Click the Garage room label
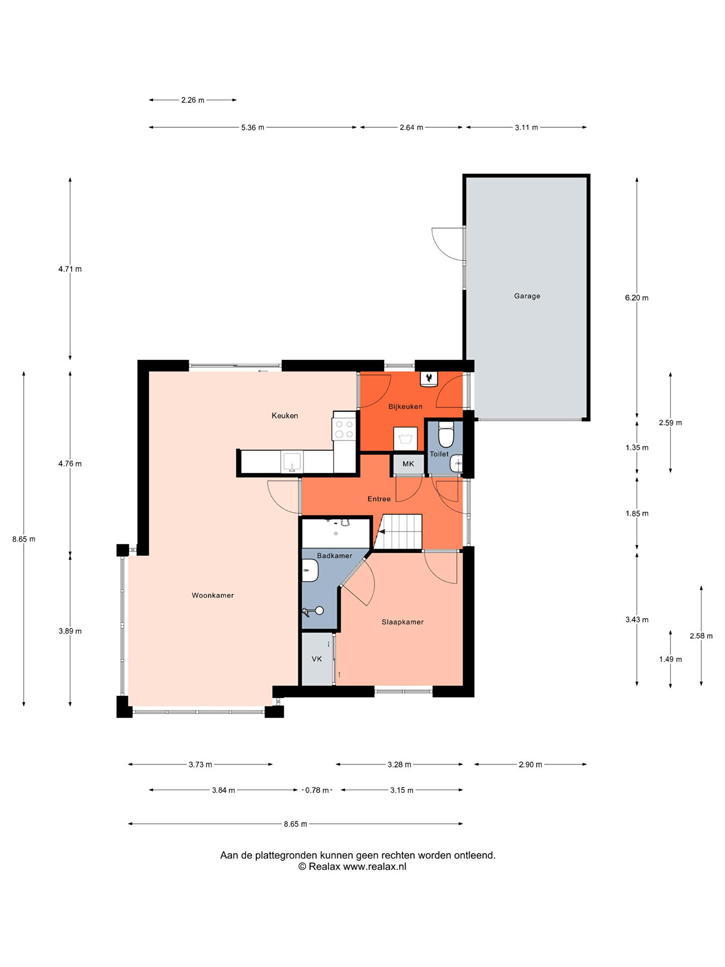coord(527,296)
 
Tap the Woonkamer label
coord(212,595)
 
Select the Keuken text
coord(285,416)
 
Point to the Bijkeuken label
coord(405,407)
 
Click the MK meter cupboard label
coord(408,464)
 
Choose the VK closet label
coord(317,659)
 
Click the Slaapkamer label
coord(403,622)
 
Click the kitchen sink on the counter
coord(292,462)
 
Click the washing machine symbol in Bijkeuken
coord(405,439)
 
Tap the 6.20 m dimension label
coord(637,298)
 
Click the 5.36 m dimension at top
coord(253,127)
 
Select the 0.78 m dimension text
coord(317,790)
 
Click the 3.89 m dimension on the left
coord(70,631)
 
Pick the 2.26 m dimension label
coord(193,100)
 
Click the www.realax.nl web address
coord(374,866)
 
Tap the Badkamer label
coord(335,556)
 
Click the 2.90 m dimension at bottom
coord(530,764)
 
